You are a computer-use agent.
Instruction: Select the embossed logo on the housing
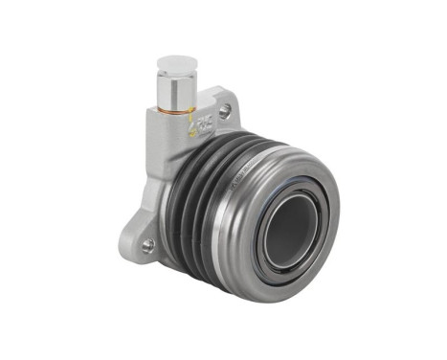[204, 123]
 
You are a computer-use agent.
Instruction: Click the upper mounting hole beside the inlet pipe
[225, 110]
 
